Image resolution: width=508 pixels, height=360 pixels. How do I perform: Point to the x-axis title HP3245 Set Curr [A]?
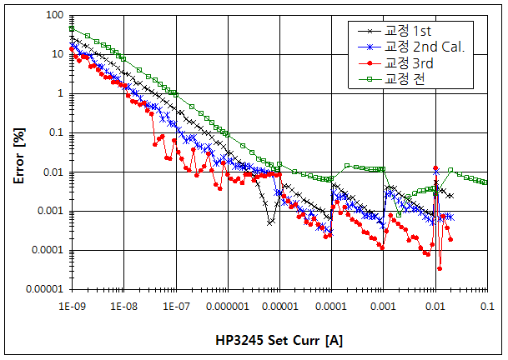point(278,342)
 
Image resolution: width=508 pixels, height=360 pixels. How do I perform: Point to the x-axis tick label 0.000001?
point(226,307)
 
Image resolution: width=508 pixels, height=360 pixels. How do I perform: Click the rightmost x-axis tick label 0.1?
point(486,307)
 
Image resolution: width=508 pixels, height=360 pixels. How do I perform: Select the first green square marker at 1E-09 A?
point(72,28)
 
